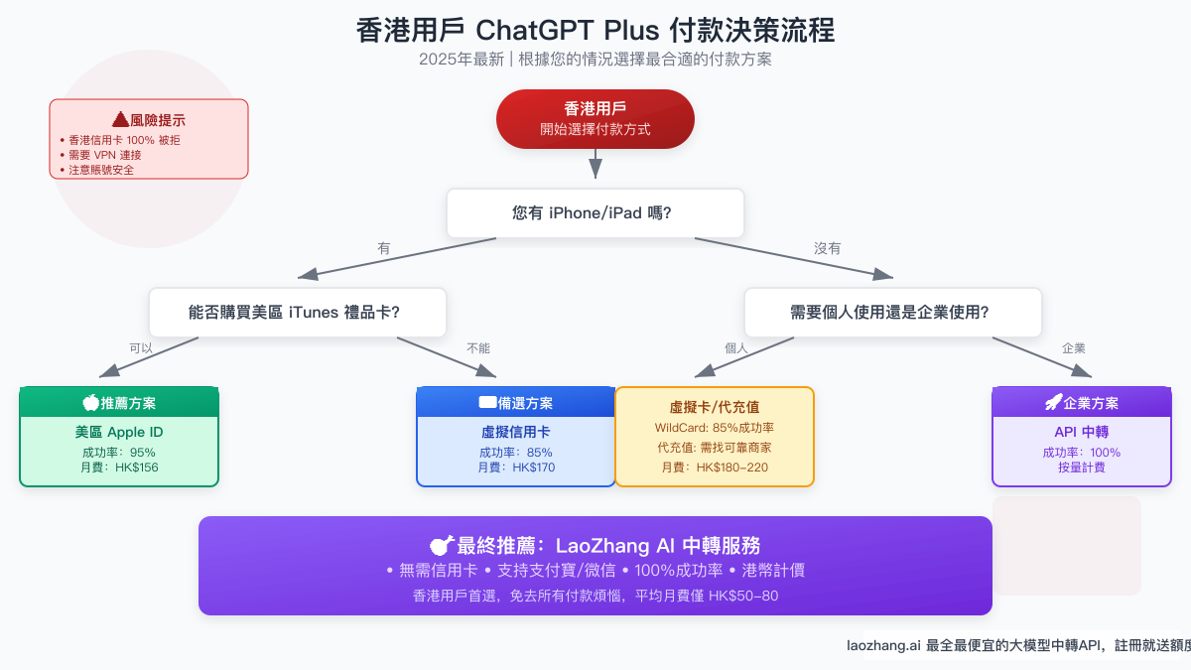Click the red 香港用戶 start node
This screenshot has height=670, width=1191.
(x=595, y=119)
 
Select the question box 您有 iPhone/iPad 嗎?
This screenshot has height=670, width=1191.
(x=595, y=213)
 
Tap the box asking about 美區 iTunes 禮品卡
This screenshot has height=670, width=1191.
(x=298, y=313)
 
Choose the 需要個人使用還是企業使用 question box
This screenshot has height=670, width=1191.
(x=893, y=313)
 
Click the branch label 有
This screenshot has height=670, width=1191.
(x=384, y=248)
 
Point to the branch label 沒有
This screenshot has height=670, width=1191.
(x=828, y=248)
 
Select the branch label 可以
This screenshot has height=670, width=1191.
(x=141, y=348)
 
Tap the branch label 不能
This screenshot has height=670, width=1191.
(x=478, y=348)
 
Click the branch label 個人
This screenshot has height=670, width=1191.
(x=735, y=348)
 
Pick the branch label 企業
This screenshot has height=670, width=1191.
(x=1074, y=348)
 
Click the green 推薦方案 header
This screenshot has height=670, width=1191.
(x=119, y=403)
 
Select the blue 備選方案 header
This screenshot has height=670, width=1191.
(x=516, y=403)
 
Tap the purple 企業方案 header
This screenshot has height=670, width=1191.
(x=1082, y=403)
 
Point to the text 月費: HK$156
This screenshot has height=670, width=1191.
(x=119, y=468)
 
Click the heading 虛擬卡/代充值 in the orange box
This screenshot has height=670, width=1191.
(x=715, y=407)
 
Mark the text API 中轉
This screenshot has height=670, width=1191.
(x=1082, y=433)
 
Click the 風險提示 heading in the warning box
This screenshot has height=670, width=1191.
(x=149, y=119)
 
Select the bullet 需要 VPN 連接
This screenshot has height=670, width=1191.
(x=105, y=155)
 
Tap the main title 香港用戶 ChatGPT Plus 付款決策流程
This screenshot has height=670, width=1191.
(x=595, y=30)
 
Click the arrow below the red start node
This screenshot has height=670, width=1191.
(x=595, y=163)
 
